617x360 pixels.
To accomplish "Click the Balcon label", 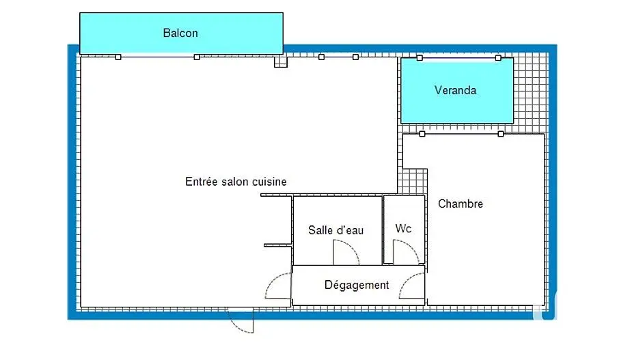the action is coord(180,33).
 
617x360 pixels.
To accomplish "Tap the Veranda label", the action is coord(455,90).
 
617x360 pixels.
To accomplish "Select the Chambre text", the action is coord(461,204).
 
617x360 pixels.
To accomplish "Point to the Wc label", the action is coord(403,229).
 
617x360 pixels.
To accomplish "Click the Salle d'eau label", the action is coord(335,230).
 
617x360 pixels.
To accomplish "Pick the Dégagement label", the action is coord(357,285).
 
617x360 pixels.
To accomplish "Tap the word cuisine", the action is coord(269,182).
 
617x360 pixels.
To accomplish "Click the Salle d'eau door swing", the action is coord(346,252).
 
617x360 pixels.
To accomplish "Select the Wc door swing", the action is coord(406,252).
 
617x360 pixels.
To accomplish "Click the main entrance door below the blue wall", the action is coord(241,320).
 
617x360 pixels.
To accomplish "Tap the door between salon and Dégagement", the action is coord(278,286).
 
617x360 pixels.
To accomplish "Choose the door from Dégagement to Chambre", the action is coord(412,286).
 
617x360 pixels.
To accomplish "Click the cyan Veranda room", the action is coord(457,91).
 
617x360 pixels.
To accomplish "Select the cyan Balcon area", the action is coord(181,33).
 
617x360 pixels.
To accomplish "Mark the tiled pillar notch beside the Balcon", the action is coord(281,61).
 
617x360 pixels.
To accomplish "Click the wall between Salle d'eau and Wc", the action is coord(383,230).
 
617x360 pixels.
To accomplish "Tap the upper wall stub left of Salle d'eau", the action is coord(276,195).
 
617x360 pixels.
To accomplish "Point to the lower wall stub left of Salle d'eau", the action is coord(278,245).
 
